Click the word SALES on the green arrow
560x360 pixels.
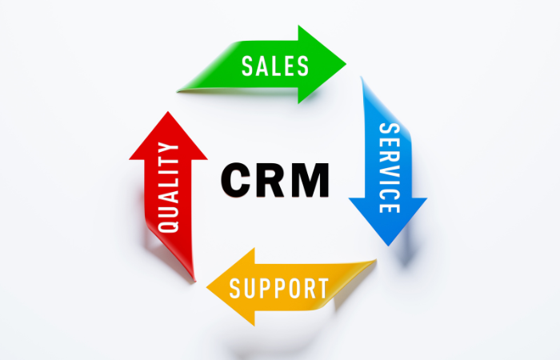tap(275, 66)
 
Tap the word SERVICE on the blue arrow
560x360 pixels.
tap(390, 168)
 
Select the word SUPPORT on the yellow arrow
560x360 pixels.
tap(278, 288)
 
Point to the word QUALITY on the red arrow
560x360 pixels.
tap(168, 187)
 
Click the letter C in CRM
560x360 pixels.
tap(236, 180)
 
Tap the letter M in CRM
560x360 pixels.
tap(310, 180)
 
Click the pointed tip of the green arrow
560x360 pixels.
tap(346, 64)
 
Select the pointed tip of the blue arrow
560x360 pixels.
tap(389, 246)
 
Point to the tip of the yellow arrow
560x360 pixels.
tap(207, 287)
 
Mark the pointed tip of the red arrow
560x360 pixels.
tap(167, 112)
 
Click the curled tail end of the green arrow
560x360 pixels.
tap(178, 92)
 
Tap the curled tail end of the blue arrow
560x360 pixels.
tap(362, 77)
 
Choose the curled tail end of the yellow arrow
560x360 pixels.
tap(375, 260)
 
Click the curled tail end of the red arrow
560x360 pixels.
tap(194, 281)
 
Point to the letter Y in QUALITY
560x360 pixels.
tap(168, 148)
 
